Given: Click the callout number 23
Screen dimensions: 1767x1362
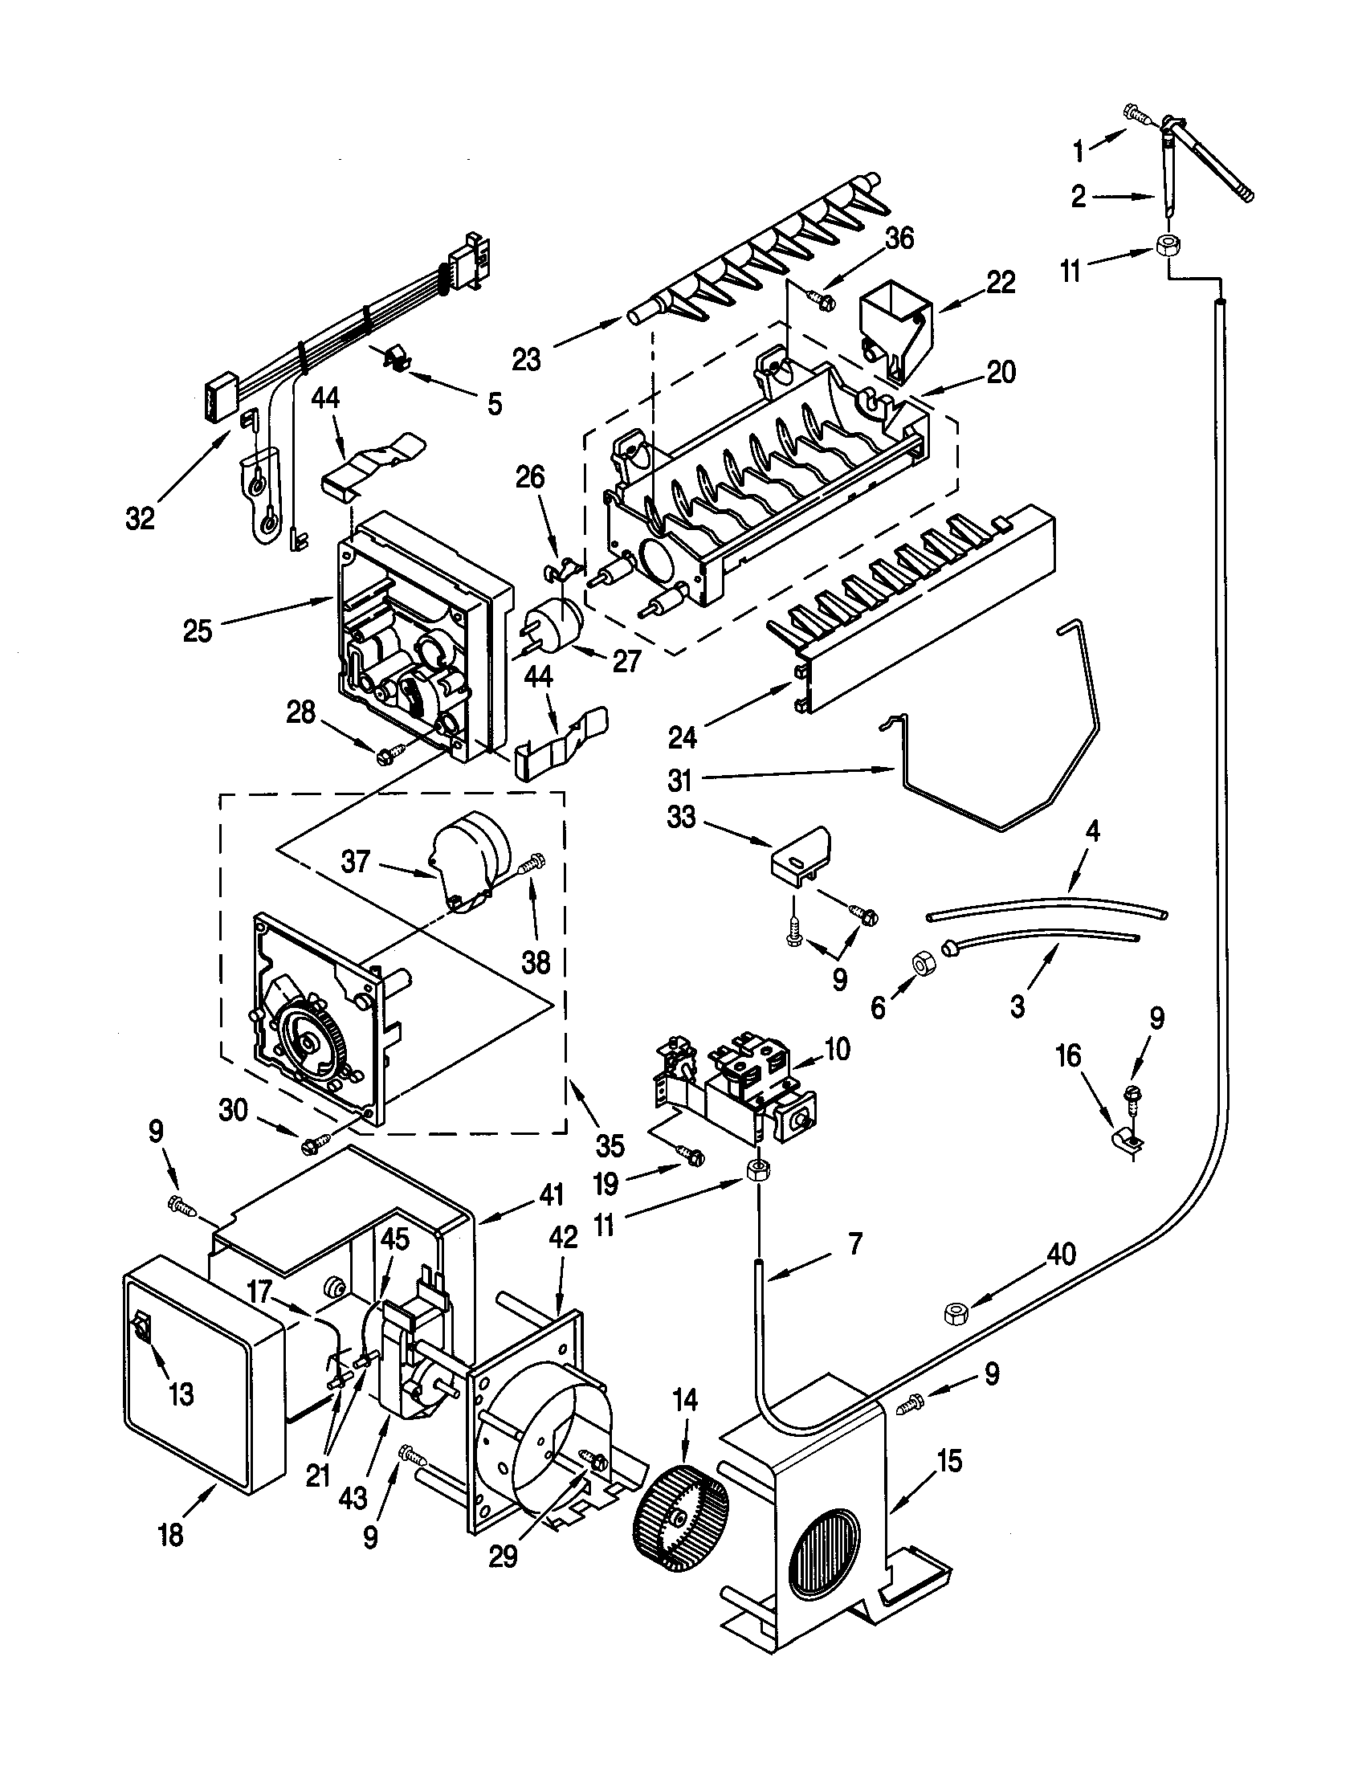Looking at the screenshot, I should tap(527, 359).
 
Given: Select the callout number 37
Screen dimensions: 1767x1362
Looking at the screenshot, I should tap(355, 863).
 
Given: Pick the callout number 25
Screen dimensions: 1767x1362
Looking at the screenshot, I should tap(197, 630).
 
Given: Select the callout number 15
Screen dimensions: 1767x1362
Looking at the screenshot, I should tap(950, 1461).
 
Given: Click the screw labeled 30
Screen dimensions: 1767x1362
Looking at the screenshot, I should tap(312, 1145).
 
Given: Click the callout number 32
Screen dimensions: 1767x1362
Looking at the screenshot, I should tap(140, 519).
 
